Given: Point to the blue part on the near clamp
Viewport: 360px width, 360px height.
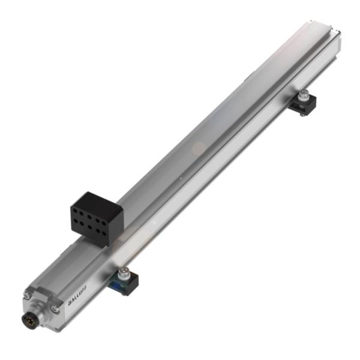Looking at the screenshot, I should pyautogui.click(x=117, y=284).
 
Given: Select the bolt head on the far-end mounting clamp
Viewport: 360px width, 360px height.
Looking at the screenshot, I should pyautogui.click(x=305, y=94).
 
